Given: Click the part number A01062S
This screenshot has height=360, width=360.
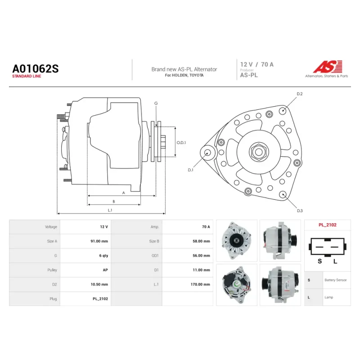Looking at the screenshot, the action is coord(36,69).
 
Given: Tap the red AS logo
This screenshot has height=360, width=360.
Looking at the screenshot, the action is coord(328,67).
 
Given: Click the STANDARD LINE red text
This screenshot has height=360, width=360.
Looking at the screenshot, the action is coord(27,76).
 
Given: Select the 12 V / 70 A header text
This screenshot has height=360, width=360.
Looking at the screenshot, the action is coord(256,64).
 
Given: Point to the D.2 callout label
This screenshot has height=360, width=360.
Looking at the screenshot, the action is coord(300,94).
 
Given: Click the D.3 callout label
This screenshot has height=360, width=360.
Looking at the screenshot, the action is coord(300,211).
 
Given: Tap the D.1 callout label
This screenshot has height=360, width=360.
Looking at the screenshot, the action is coord(190,170).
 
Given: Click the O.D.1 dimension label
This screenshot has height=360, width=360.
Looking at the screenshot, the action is coord(181,143).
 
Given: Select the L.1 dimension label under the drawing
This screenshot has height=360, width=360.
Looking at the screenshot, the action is coord(110,210).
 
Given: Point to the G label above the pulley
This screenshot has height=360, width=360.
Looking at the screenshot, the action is coord(156,103).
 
